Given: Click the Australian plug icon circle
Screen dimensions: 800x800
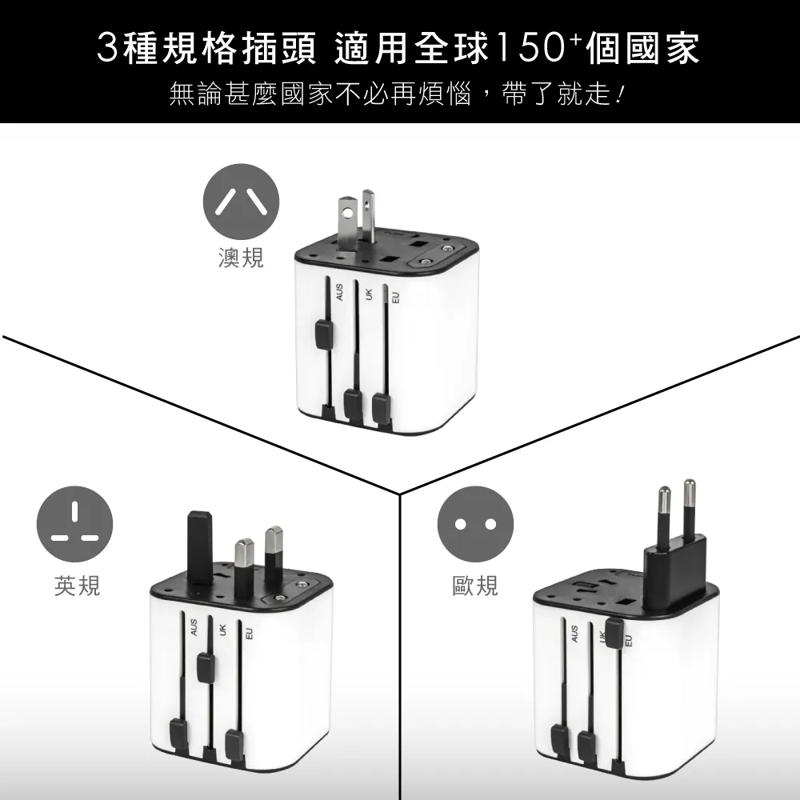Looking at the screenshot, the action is click(x=241, y=202).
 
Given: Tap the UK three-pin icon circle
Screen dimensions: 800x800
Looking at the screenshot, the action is click(x=74, y=524).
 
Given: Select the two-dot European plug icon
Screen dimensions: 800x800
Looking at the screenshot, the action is click(x=475, y=524).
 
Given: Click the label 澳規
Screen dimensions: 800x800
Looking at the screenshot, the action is click(x=241, y=258).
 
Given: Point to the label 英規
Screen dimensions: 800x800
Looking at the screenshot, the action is click(x=77, y=586).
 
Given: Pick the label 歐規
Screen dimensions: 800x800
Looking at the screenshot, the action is click(x=475, y=586).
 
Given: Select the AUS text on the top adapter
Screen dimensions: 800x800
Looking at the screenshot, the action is click(x=340, y=292).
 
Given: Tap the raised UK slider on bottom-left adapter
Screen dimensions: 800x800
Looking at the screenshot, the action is click(x=206, y=667).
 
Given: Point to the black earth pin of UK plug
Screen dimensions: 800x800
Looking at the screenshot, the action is click(x=200, y=547).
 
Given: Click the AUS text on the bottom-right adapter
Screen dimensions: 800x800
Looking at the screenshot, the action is click(x=574, y=634).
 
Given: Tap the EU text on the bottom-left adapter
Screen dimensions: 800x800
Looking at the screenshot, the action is click(x=249, y=634).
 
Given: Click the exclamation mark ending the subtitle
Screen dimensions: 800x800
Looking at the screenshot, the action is click(x=621, y=94).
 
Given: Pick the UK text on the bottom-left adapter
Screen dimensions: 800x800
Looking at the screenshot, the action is click(x=222, y=630).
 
